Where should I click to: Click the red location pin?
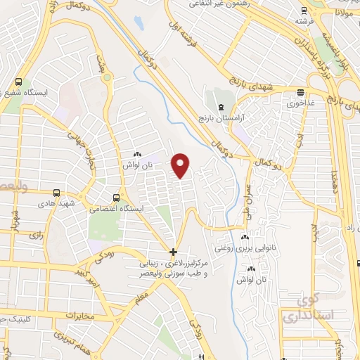[x=181, y=165]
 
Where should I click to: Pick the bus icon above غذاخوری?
[x=301, y=91]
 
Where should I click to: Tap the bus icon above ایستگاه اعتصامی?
[x=117, y=198]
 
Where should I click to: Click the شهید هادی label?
[x=57, y=202]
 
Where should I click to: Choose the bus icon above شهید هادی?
[x=56, y=192]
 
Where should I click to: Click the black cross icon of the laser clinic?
[x=174, y=252]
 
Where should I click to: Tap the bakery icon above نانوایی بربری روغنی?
[x=245, y=238]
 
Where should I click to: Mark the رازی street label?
[x=37, y=237]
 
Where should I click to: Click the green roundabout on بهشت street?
[x=107, y=78]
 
